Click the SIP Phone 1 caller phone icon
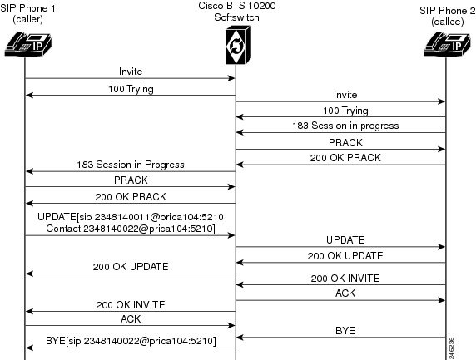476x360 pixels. click(x=28, y=44)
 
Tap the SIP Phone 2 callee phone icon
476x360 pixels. click(x=447, y=44)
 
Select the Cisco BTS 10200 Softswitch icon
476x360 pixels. click(x=238, y=45)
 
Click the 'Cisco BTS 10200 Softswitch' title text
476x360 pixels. click(x=237, y=12)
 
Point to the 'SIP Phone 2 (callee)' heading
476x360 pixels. click(x=448, y=16)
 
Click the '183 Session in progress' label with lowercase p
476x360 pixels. click(x=345, y=126)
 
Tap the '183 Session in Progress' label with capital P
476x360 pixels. click(x=131, y=165)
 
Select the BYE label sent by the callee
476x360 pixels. click(x=345, y=331)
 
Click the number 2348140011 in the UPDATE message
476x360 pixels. click(x=122, y=217)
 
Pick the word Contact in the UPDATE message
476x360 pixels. click(x=63, y=229)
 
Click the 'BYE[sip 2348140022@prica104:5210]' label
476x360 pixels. click(x=131, y=341)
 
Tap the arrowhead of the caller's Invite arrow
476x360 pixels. click(x=232, y=78)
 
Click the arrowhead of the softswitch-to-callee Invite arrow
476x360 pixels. click(x=442, y=101)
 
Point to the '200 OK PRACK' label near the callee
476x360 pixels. click(x=345, y=158)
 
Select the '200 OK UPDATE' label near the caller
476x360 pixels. click(x=131, y=267)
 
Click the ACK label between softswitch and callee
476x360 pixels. click(x=345, y=293)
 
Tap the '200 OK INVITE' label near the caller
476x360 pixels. click(x=131, y=305)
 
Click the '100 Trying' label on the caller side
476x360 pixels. click(x=131, y=90)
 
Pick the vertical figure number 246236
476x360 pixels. click(x=451, y=348)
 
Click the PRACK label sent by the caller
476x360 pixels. click(x=131, y=180)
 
